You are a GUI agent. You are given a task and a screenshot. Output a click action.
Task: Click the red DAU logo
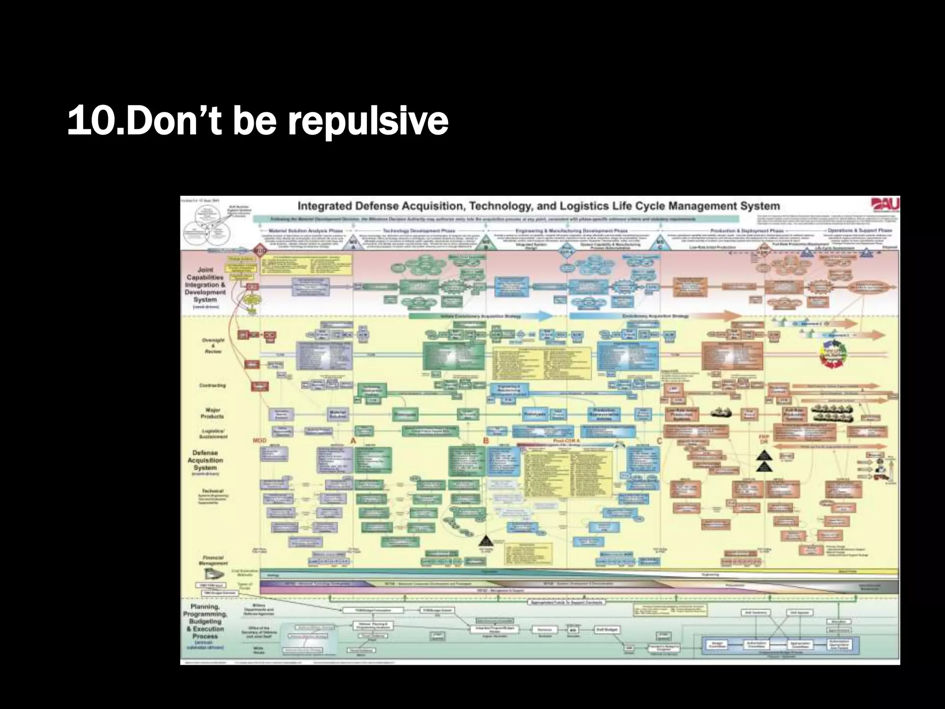click(885, 205)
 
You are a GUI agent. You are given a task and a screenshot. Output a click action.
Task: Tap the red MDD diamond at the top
click(260, 251)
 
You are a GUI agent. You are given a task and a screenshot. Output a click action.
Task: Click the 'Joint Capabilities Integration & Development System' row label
click(205, 285)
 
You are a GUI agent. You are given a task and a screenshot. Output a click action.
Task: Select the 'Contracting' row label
click(212, 385)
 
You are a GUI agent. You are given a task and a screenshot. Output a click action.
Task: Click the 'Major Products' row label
click(212, 413)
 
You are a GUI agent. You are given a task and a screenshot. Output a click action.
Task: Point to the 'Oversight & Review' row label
click(213, 346)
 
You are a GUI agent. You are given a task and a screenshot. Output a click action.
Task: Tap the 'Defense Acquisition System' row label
click(205, 460)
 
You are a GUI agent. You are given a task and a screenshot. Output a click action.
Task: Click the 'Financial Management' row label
click(212, 560)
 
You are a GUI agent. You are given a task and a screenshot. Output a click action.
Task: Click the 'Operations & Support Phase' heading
click(860, 230)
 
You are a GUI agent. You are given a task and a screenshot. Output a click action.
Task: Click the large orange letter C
click(659, 441)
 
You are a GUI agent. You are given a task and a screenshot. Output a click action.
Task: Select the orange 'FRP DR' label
click(764, 439)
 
